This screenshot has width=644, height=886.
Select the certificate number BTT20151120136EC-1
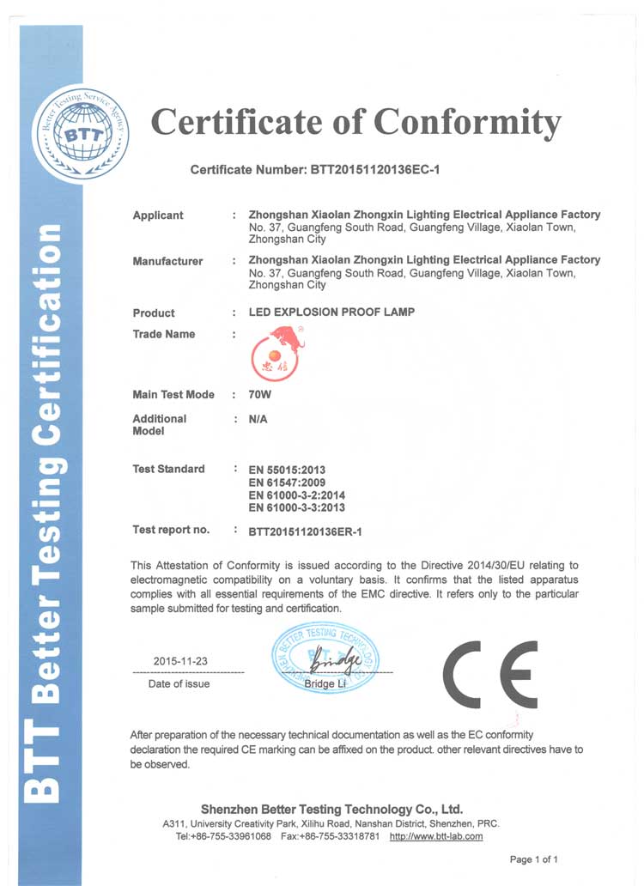click(x=374, y=170)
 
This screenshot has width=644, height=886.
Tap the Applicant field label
click(x=158, y=215)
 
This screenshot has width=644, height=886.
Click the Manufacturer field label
click(x=167, y=261)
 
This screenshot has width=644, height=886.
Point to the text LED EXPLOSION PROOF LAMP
click(x=331, y=313)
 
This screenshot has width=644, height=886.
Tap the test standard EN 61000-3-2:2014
click(x=296, y=495)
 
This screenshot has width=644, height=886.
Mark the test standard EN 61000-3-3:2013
click(x=296, y=507)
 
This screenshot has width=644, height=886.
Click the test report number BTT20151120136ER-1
click(x=305, y=531)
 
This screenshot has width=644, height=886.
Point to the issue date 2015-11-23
click(x=180, y=661)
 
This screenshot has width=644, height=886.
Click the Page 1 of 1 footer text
click(x=534, y=859)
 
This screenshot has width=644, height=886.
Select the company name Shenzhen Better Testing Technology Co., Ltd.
click(x=331, y=809)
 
